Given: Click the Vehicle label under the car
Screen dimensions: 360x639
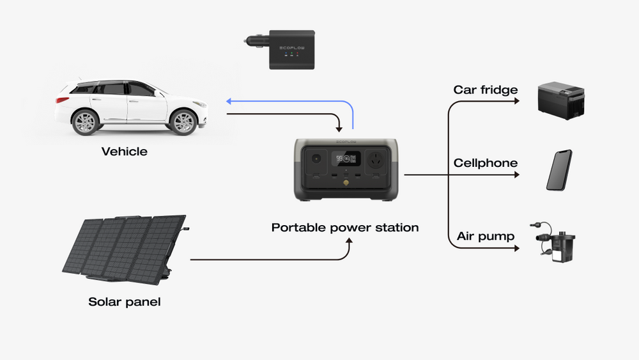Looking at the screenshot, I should coord(125,152).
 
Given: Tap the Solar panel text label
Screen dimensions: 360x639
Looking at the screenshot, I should coord(125,301).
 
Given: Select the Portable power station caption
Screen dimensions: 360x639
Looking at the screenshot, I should coord(345,227).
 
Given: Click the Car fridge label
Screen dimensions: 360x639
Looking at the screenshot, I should coord(486,90).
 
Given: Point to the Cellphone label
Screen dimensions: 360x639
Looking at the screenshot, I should coord(486,163).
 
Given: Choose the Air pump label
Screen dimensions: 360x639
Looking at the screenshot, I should coord(486,237).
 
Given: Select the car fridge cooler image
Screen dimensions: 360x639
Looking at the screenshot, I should coord(560,100).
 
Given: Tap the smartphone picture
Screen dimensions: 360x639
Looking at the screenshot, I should coord(559,170).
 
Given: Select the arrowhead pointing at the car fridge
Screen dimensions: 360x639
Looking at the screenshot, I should coord(516,100).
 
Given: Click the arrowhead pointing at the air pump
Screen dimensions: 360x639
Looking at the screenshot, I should coord(516,247).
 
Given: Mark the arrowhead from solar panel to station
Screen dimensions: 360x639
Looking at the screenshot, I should coord(349,240).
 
